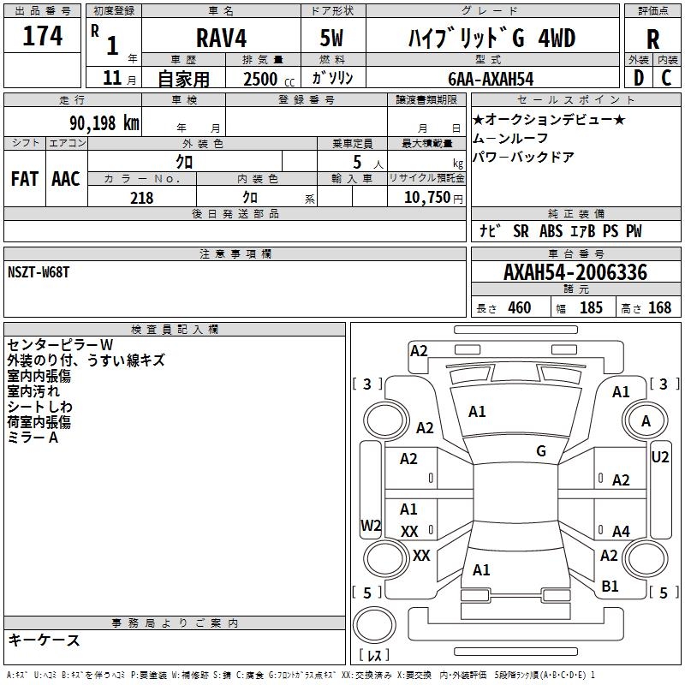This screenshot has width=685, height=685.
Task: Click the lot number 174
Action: (42, 36)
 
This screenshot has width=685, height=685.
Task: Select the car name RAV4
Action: (221, 38)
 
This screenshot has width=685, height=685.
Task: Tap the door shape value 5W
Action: (331, 38)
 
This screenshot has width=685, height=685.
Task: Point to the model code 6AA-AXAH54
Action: (491, 79)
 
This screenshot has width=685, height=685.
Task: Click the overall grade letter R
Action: (652, 39)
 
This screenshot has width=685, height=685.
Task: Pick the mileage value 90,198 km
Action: (104, 123)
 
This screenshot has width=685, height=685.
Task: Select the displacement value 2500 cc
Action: (269, 79)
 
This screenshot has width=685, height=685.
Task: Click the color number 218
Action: (142, 198)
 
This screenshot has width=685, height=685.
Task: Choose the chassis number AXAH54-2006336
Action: (575, 272)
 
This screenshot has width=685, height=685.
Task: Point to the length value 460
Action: (520, 307)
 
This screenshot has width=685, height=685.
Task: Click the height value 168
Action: (659, 307)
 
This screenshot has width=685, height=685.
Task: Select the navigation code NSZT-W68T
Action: (39, 272)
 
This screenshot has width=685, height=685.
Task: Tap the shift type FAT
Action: (25, 179)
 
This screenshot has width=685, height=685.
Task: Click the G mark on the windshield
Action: (541, 451)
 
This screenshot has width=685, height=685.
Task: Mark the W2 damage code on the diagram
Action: (371, 525)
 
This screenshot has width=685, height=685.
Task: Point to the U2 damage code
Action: (659, 457)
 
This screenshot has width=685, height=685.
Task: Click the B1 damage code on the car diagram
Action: (610, 586)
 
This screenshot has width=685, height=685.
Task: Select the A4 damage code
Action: (621, 531)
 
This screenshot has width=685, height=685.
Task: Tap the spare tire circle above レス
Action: (374, 624)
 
